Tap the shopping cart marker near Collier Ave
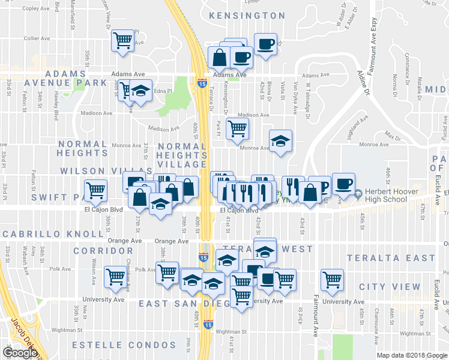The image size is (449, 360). click(x=123, y=41)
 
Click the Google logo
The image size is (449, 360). click(x=20, y=353)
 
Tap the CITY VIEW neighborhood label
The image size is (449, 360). click(x=390, y=287)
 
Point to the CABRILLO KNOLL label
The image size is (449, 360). click(x=38, y=233)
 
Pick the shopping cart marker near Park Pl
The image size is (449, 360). click(x=238, y=128)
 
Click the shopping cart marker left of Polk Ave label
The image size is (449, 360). click(x=115, y=277)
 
